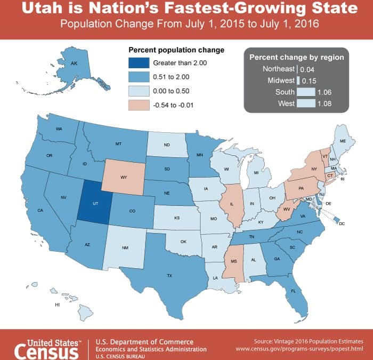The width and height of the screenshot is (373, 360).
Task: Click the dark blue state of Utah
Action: (94, 202)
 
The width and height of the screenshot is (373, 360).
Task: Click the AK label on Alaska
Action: (74, 63)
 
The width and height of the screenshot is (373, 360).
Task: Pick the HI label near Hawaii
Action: (57, 305)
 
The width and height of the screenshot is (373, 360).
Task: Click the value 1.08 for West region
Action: (324, 103)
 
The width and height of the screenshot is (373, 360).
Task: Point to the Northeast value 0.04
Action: (308, 69)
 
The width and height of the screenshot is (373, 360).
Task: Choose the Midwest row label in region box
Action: (280, 81)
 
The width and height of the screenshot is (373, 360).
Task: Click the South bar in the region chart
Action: (305, 92)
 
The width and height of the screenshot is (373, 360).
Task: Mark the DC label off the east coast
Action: (342, 224)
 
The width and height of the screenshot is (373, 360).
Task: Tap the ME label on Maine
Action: (343, 141)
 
